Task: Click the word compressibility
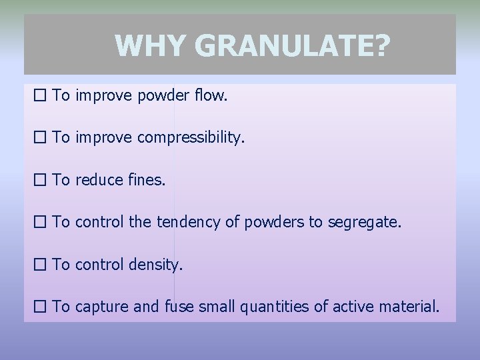(x=191, y=138)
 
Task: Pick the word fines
(x=146, y=180)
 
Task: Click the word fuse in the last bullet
(x=178, y=307)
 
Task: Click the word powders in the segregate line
(x=272, y=222)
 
